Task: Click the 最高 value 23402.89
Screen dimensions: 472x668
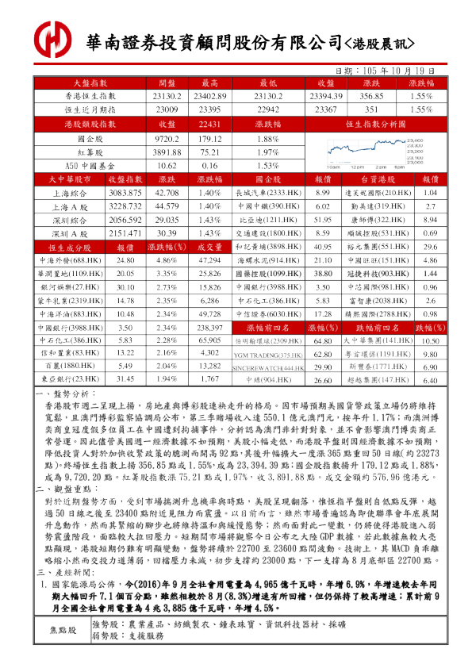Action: (x=209, y=95)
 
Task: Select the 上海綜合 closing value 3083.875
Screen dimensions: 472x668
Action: (x=125, y=193)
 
